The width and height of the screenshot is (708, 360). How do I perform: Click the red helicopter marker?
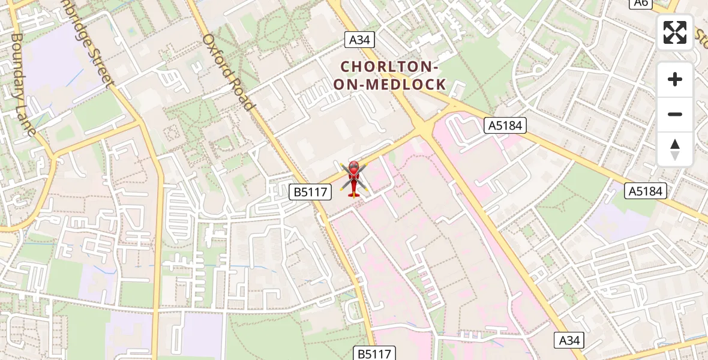point(354,178)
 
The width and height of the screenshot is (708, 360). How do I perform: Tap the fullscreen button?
point(675,32)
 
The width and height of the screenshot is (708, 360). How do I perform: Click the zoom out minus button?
point(675,114)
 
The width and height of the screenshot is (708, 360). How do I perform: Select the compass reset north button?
point(675,149)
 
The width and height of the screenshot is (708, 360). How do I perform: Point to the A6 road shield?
point(641,3)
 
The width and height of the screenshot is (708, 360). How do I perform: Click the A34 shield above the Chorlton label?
point(360,40)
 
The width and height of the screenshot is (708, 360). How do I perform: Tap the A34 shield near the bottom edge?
point(568,341)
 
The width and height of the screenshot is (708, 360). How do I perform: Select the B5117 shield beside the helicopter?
point(310,192)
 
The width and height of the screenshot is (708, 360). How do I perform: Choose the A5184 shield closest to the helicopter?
point(505,125)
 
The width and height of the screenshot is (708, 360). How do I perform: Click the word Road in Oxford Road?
point(242,94)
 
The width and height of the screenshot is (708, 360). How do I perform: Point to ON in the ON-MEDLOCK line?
point(346,85)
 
